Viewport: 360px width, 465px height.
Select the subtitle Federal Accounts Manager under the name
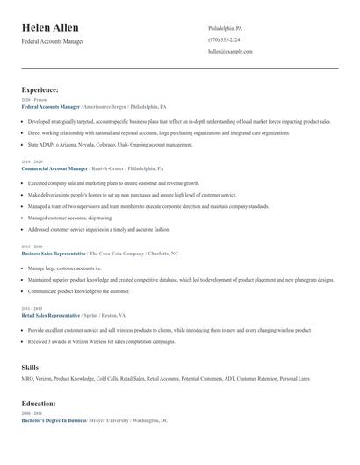tap(54, 41)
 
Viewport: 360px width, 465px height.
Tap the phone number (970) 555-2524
tap(224, 39)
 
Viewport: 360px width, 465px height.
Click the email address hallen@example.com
tap(230, 51)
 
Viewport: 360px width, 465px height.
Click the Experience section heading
tap(40, 89)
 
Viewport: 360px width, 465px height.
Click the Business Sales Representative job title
tap(54, 253)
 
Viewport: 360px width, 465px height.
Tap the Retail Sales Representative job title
tap(51, 314)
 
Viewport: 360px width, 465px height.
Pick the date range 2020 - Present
tap(31, 100)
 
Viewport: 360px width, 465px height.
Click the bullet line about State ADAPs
tap(111, 145)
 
